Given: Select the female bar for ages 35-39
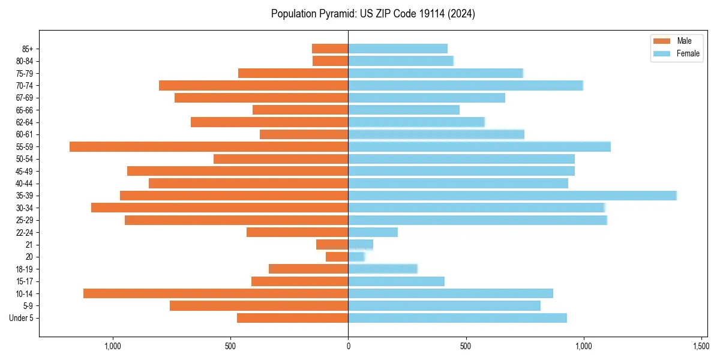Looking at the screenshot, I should pyautogui.click(x=512, y=196).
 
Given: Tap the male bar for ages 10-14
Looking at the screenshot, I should pyautogui.click(x=216, y=293).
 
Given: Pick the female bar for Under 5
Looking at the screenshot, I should pyautogui.click(x=457, y=318).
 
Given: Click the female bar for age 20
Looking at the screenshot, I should pyautogui.click(x=356, y=257).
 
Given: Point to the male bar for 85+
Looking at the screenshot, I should pyautogui.click(x=330, y=49).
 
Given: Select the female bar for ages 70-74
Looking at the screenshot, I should pyautogui.click(x=466, y=85).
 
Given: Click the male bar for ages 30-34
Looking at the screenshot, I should pyautogui.click(x=220, y=208).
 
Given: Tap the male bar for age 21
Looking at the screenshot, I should pyautogui.click(x=332, y=244).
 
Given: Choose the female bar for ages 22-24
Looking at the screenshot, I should pyautogui.click(x=373, y=232).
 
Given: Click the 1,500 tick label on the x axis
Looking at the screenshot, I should pyautogui.click(x=701, y=346).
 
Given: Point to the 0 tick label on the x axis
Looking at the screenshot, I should pyautogui.click(x=348, y=346).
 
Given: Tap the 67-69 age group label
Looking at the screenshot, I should pyautogui.click(x=24, y=98).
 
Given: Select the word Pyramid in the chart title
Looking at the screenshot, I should pyautogui.click(x=335, y=13).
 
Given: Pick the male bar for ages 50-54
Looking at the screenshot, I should pyautogui.click(x=281, y=159).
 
